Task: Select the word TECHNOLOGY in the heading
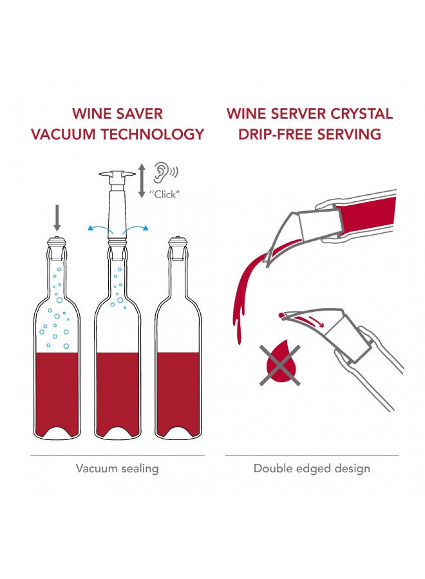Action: click(x=160, y=134)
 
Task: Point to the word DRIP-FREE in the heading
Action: click(x=275, y=134)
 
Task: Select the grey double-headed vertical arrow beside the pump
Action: click(x=142, y=181)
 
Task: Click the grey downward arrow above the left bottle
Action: click(x=57, y=217)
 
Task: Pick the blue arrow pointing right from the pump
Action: click(x=138, y=228)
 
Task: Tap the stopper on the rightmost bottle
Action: click(x=177, y=245)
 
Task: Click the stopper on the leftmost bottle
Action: click(x=57, y=245)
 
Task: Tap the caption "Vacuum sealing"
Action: click(x=117, y=468)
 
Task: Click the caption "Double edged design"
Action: click(x=312, y=468)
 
